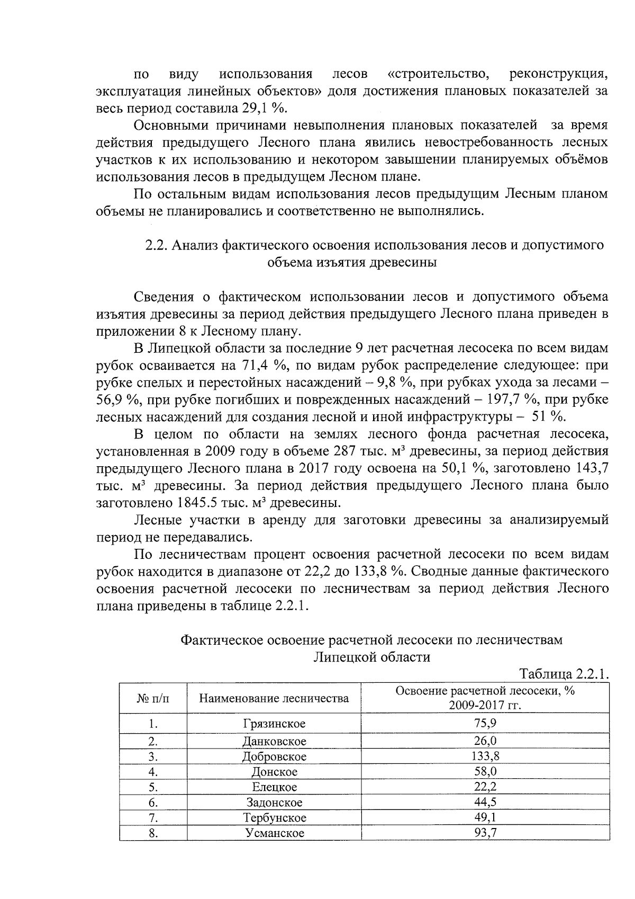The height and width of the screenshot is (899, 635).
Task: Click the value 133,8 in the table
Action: pos(485,756)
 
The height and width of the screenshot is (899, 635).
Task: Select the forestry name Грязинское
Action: pos(274,723)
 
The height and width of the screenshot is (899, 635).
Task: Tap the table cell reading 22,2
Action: pos(485,786)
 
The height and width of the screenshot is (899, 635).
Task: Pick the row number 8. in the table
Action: pos(153,833)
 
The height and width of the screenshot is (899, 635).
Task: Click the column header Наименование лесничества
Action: pos(274,698)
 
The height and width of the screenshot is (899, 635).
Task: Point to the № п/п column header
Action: pos(153,698)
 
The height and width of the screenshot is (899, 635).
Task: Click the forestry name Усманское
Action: pos(275,833)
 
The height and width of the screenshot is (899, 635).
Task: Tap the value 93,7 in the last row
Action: pos(485,833)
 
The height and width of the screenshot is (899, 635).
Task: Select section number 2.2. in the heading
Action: pos(157,245)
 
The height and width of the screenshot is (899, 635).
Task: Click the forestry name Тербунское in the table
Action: pos(275,817)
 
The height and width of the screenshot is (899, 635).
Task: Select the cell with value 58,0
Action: pos(485,771)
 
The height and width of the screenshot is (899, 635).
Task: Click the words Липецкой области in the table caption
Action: pos(371,657)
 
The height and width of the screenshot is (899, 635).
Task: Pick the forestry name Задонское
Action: pos(275,802)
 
